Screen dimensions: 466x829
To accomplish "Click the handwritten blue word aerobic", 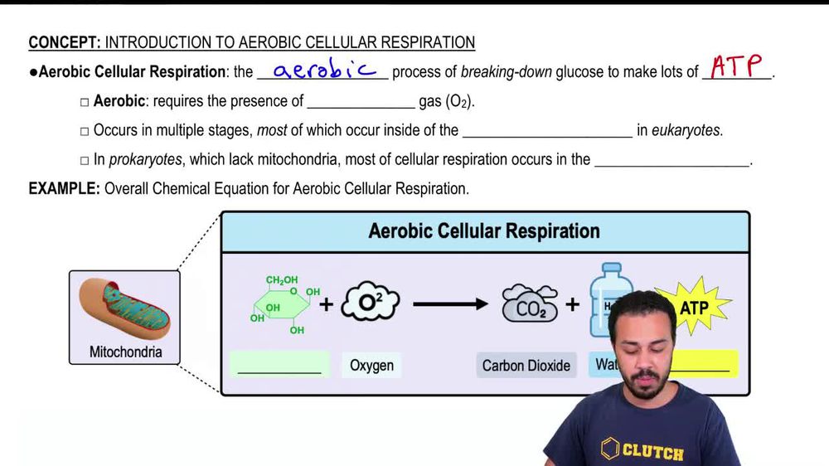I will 324,70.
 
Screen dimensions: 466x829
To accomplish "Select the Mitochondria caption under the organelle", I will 125,352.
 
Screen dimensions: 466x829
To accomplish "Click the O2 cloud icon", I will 370,303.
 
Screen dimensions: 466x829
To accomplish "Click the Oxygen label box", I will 371,365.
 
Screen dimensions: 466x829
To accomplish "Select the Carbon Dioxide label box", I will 526,365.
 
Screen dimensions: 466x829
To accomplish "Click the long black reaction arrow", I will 450,304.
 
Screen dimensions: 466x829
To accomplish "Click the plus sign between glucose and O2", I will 327,304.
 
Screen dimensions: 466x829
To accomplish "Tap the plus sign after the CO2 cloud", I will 573,304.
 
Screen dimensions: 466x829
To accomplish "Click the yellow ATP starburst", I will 695,306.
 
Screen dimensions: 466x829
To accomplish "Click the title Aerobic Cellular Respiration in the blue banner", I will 484,231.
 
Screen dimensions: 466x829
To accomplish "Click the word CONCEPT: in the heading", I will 65,42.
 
